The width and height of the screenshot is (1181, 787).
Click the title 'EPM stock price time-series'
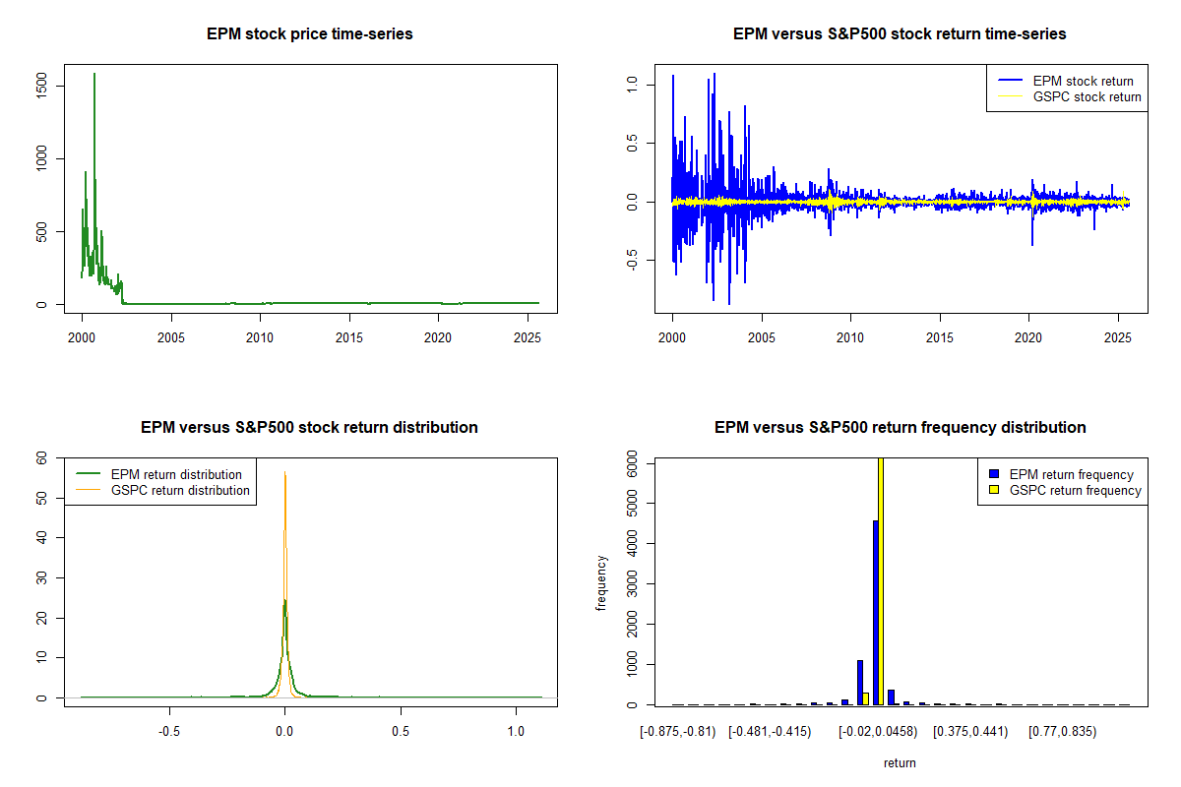[309, 34]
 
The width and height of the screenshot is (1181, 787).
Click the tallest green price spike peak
[94, 75]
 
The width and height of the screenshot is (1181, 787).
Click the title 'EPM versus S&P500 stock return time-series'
[900, 34]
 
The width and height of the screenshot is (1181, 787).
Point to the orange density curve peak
[284, 473]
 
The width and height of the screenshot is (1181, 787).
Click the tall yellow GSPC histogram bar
[881, 580]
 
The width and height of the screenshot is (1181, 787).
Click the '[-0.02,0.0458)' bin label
[877, 732]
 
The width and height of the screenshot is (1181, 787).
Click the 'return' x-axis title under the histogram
[900, 762]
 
